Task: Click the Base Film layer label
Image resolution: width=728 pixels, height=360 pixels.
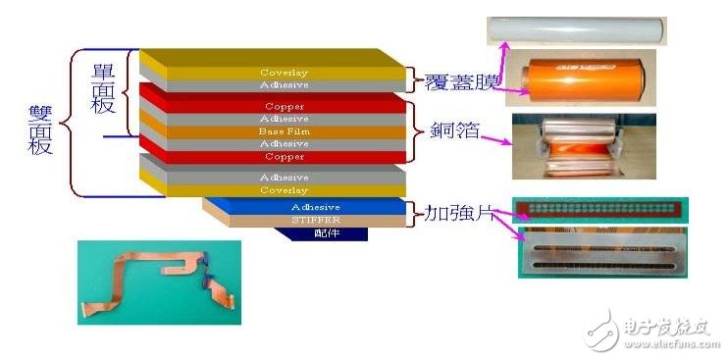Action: coord(284,131)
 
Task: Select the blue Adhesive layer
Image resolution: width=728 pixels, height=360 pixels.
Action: coord(314,207)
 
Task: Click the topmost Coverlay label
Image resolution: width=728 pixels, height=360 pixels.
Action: coord(284,73)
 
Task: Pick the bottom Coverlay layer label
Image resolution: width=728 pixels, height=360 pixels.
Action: coord(284,190)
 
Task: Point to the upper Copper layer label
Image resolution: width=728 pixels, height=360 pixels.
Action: coord(284,106)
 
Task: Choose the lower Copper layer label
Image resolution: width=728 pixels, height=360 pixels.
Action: coord(284,157)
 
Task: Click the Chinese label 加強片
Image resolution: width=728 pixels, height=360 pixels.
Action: coord(451,212)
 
